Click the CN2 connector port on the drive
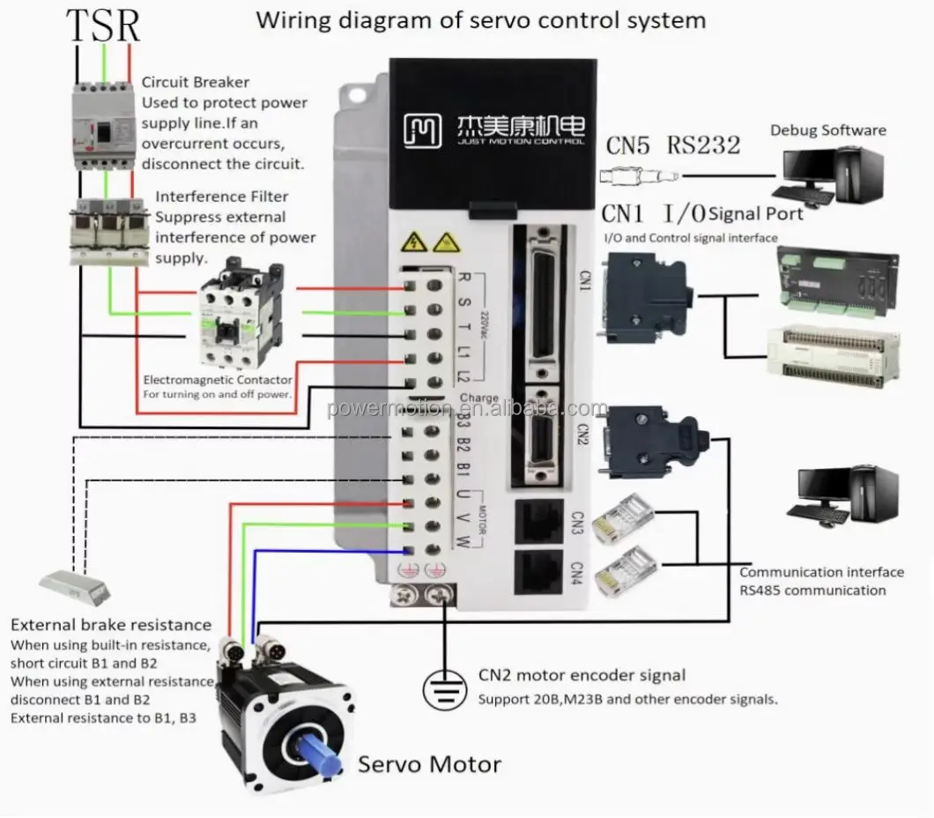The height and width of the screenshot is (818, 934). tap(543, 435)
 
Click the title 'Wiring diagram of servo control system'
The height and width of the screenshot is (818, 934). tap(480, 19)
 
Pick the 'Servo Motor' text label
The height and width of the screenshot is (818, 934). tap(429, 763)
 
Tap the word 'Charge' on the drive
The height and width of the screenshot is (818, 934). tap(479, 398)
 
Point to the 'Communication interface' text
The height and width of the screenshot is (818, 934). tap(821, 572)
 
